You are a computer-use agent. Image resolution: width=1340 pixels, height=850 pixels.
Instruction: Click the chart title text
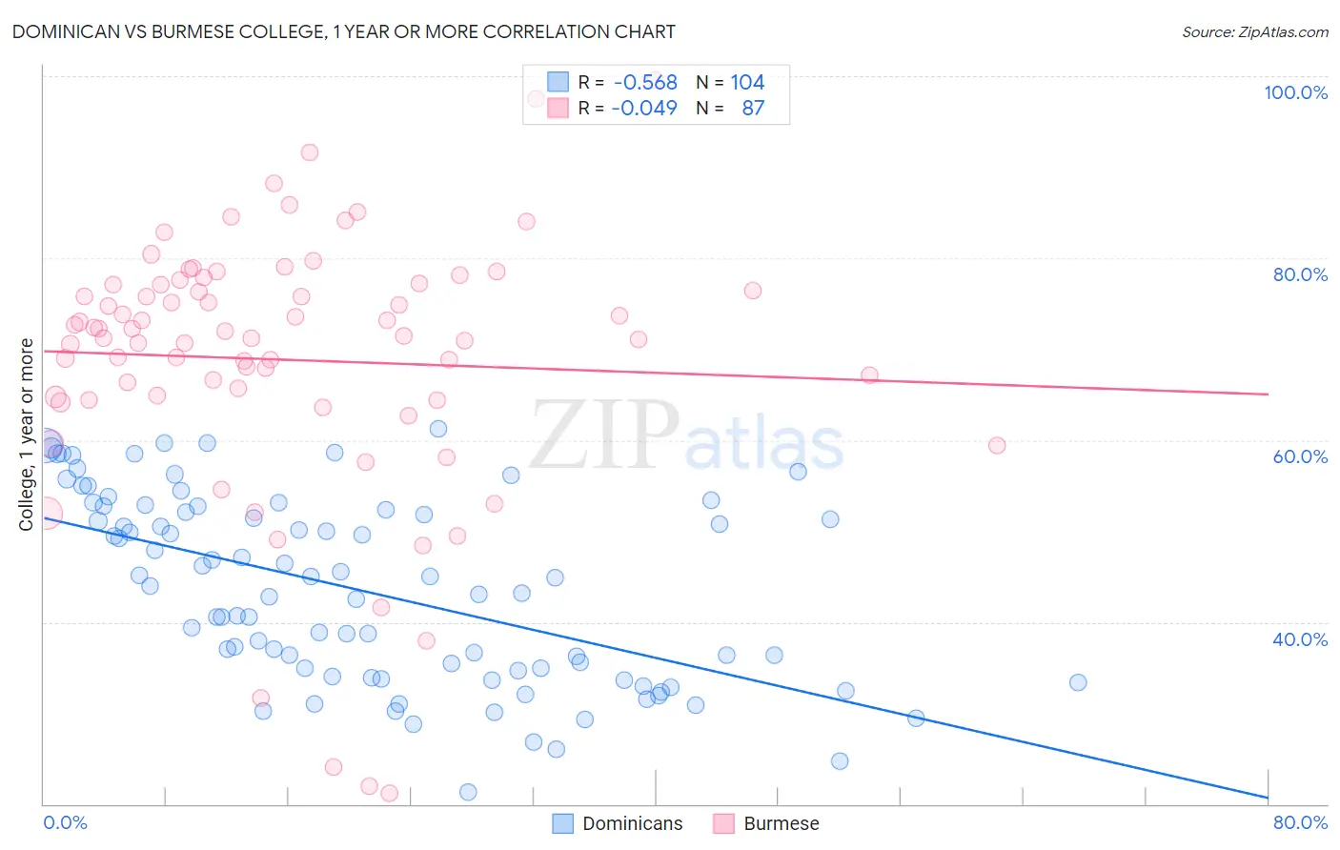click(343, 31)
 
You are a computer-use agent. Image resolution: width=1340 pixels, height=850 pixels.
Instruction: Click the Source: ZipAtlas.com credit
click(1254, 32)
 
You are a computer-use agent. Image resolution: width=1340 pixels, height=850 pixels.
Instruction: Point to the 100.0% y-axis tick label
click(1295, 92)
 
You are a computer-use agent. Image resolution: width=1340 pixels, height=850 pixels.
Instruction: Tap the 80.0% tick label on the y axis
click(1300, 274)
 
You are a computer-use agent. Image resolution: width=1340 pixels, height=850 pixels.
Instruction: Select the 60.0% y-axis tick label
click(1300, 456)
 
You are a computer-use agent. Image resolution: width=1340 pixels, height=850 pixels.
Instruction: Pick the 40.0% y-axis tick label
click(1300, 639)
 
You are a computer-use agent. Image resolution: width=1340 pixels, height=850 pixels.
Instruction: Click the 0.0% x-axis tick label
click(65, 822)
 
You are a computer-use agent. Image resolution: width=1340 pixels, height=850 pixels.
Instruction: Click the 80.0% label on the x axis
click(1300, 822)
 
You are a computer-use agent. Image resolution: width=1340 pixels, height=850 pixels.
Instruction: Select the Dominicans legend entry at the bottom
click(619, 823)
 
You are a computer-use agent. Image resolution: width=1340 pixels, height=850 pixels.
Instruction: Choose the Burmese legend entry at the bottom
click(766, 823)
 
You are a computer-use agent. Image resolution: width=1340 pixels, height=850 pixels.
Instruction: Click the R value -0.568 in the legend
click(645, 82)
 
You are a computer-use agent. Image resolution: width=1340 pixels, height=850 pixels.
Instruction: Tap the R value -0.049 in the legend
click(644, 108)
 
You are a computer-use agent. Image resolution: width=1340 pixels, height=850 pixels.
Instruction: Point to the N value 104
click(747, 82)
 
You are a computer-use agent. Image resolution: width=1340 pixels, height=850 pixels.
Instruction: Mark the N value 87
click(753, 108)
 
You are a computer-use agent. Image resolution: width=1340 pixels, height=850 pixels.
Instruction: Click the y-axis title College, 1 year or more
click(27, 435)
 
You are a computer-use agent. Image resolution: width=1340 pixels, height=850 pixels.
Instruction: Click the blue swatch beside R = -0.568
click(558, 82)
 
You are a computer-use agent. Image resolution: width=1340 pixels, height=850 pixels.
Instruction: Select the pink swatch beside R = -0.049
click(558, 108)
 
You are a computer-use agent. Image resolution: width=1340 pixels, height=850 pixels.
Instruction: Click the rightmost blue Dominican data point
click(1078, 682)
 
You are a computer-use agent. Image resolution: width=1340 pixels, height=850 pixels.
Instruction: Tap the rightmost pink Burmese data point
click(997, 445)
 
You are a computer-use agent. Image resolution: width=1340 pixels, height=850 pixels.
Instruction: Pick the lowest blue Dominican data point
click(468, 792)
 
